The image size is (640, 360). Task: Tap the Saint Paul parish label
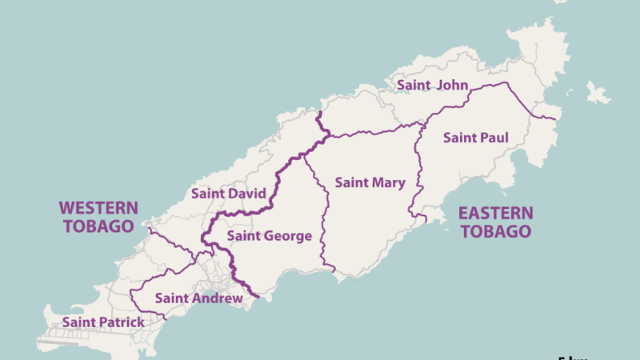[x=475, y=138]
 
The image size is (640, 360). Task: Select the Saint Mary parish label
[x=370, y=182]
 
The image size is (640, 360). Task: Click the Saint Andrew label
[x=198, y=298]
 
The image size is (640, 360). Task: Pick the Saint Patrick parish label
[x=103, y=322]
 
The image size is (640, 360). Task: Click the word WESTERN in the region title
[x=98, y=208]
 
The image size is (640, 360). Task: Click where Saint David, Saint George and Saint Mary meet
[x=303, y=154]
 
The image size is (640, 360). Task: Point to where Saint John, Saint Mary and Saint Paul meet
[x=423, y=124]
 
